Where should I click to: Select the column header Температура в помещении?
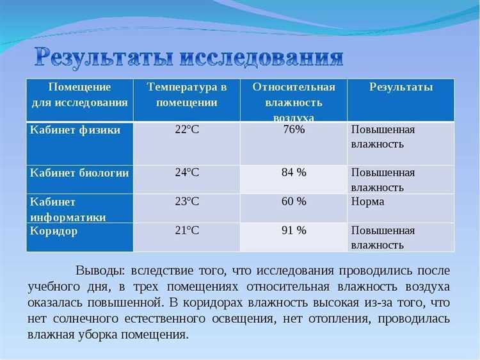186,95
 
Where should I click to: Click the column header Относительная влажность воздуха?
293,101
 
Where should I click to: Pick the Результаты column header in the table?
401,87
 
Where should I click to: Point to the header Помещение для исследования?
80,95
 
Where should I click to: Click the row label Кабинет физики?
75,130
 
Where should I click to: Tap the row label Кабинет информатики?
68,209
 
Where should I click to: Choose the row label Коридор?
54,231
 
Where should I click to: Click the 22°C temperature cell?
187,130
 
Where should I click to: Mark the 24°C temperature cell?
187,172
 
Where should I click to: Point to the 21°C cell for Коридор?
187,231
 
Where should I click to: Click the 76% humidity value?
294,130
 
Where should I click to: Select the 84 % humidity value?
294,172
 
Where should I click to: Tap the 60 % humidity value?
294,201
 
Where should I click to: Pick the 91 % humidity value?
294,231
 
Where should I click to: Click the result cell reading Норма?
368,201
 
